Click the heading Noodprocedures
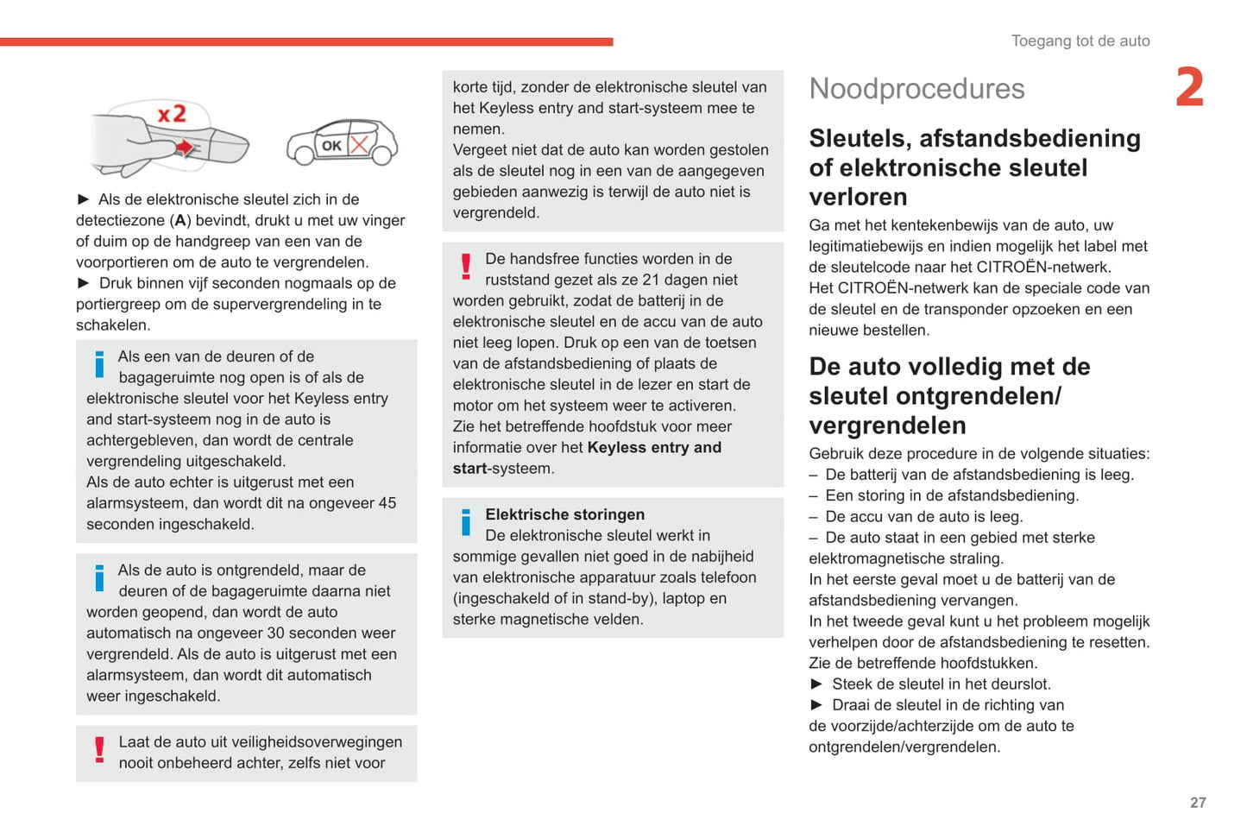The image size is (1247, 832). pyautogui.click(x=916, y=89)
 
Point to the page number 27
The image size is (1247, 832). pyautogui.click(x=1198, y=803)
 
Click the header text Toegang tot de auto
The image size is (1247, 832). pyautogui.click(x=1080, y=41)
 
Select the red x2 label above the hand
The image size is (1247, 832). pyautogui.click(x=172, y=114)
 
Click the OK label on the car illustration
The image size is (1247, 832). pyautogui.click(x=331, y=146)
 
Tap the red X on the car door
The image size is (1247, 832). pyautogui.click(x=359, y=144)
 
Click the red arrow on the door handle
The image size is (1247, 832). pyautogui.click(x=184, y=148)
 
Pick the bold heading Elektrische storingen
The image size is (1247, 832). pyautogui.click(x=564, y=514)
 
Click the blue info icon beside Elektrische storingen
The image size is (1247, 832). pyautogui.click(x=466, y=521)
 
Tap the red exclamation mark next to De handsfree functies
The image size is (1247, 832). pyautogui.click(x=466, y=266)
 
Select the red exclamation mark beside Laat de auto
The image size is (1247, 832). pyautogui.click(x=100, y=749)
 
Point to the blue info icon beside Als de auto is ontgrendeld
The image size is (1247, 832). pyautogui.click(x=99, y=577)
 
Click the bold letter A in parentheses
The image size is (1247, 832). pyautogui.click(x=180, y=221)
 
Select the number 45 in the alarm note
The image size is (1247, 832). pyautogui.click(x=387, y=503)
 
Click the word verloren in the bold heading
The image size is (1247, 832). pyautogui.click(x=858, y=197)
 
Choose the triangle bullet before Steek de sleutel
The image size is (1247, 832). pyautogui.click(x=816, y=684)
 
